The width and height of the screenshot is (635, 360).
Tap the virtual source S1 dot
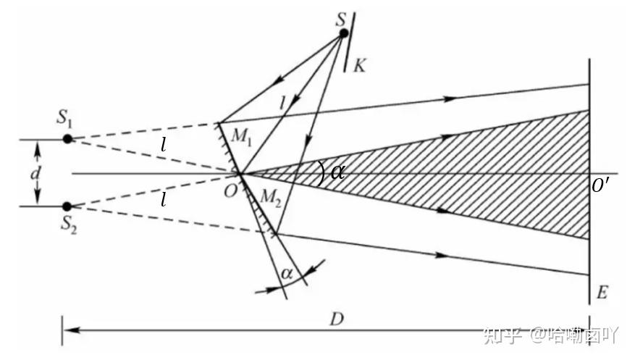tap(67, 138)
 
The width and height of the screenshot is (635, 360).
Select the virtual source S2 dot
tap(67, 206)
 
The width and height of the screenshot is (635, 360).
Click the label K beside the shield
tap(360, 66)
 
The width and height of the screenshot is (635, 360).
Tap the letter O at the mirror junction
tap(230, 191)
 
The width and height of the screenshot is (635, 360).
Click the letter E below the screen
tap(603, 293)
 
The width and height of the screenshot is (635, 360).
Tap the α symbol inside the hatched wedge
tap(337, 172)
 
